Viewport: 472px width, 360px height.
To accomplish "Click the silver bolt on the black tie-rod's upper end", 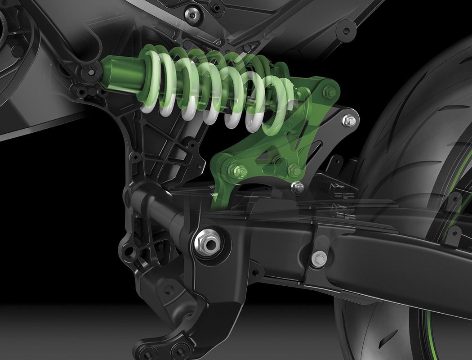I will tap(350, 121).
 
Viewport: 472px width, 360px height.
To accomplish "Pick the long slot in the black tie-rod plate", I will tap(317, 148).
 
